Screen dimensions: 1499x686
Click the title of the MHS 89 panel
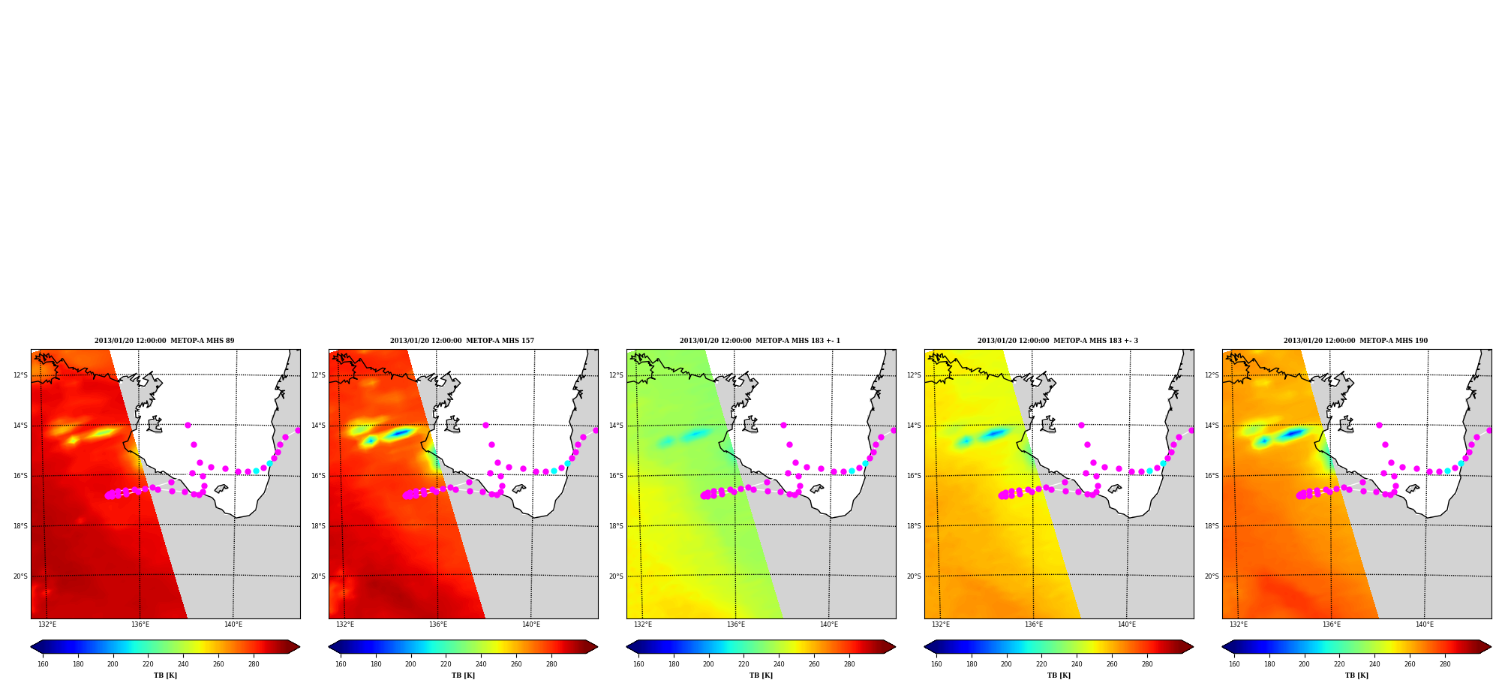[x=164, y=341]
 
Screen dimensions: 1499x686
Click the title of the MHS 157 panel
[x=462, y=341]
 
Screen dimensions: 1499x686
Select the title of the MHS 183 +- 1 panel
[x=760, y=341]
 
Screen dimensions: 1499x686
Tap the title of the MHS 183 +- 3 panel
[x=1058, y=341]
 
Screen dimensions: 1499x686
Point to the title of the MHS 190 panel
[x=1356, y=341]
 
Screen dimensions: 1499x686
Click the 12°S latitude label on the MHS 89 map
[x=20, y=375]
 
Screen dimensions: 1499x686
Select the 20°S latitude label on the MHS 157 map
[x=318, y=576]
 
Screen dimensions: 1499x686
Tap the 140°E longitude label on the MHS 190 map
[x=1424, y=624]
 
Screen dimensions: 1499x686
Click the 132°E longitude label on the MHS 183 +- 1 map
[x=643, y=624]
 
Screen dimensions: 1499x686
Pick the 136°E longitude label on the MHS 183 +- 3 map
[x=1034, y=624]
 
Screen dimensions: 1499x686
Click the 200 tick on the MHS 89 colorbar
[x=113, y=663]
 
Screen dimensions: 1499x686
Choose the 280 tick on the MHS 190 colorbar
[x=1445, y=663]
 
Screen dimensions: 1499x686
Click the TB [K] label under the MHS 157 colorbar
[x=463, y=675]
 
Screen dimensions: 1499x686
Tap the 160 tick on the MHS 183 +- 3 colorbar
[x=936, y=663]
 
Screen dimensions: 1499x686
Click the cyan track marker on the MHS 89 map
[x=256, y=471]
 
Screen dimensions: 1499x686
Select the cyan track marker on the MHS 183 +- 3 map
[x=1149, y=471]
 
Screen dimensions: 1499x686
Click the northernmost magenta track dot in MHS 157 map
[x=485, y=425]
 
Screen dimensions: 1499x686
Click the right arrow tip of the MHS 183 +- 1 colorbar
[x=895, y=647]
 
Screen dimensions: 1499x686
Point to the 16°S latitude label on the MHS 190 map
[x=1212, y=476]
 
